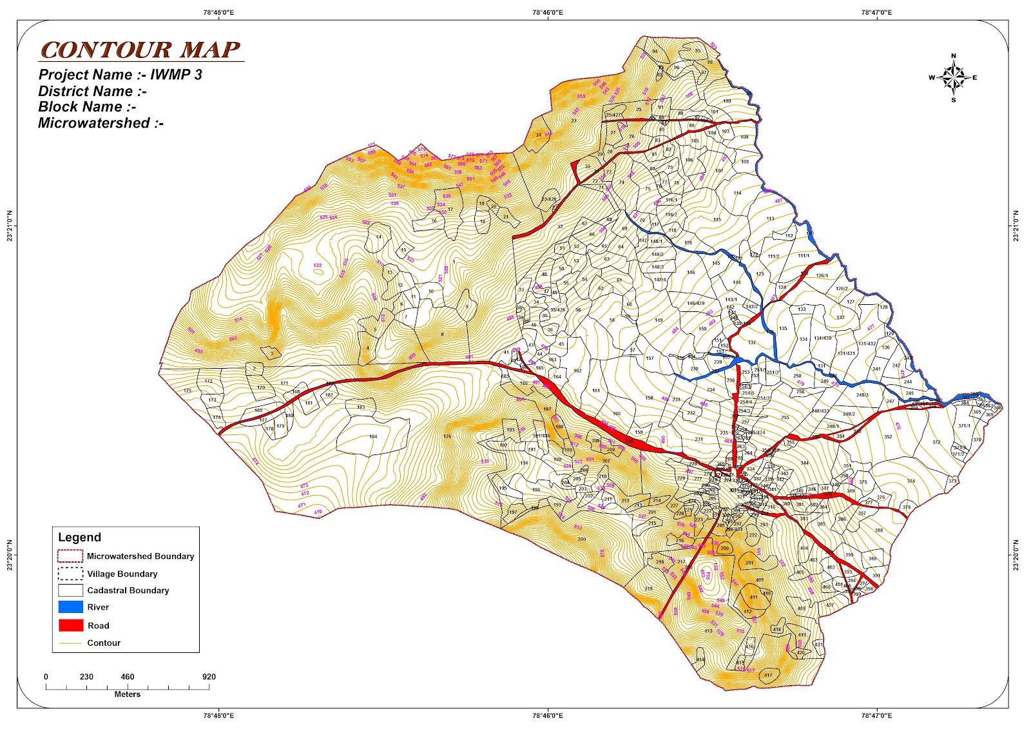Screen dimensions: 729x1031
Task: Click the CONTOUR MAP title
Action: point(140,50)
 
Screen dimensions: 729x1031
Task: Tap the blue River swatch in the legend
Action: point(70,607)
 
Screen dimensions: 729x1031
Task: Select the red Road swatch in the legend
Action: point(70,625)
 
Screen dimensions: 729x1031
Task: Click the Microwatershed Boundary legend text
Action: point(140,556)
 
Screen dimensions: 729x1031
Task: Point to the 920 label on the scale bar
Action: point(208,677)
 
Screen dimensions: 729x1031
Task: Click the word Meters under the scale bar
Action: point(127,694)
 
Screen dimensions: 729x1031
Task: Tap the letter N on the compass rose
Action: point(954,56)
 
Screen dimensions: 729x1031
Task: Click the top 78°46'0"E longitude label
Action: point(548,12)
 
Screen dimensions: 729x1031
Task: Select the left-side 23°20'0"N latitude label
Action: point(10,554)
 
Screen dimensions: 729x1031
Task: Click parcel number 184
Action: point(373,436)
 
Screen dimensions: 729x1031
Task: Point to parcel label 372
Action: point(936,442)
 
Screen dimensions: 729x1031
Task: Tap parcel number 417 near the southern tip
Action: point(767,676)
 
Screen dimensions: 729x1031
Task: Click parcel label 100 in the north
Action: point(727,101)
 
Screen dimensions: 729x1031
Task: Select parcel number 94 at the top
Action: point(655,52)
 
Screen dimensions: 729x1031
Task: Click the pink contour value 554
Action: point(707,575)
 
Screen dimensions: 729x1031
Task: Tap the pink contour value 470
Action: point(318,512)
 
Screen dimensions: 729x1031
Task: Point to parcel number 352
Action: point(888,437)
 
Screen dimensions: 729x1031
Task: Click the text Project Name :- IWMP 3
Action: point(120,75)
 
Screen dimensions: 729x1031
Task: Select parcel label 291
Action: point(749,563)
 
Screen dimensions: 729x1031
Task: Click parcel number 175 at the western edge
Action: point(188,391)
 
